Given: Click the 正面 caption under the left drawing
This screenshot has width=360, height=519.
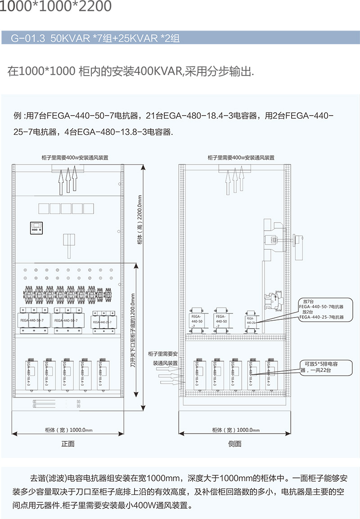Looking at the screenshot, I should [x=68, y=444].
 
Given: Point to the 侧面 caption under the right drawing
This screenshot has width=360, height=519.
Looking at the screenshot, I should [x=234, y=444].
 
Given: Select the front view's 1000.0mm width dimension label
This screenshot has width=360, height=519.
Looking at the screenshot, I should [x=68, y=430].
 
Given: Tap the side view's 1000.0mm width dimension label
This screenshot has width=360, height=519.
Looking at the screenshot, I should [x=235, y=430].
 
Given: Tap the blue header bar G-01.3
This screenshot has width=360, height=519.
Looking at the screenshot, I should [x=97, y=38].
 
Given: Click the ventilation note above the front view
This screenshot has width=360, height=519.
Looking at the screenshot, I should [x=68, y=158].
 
